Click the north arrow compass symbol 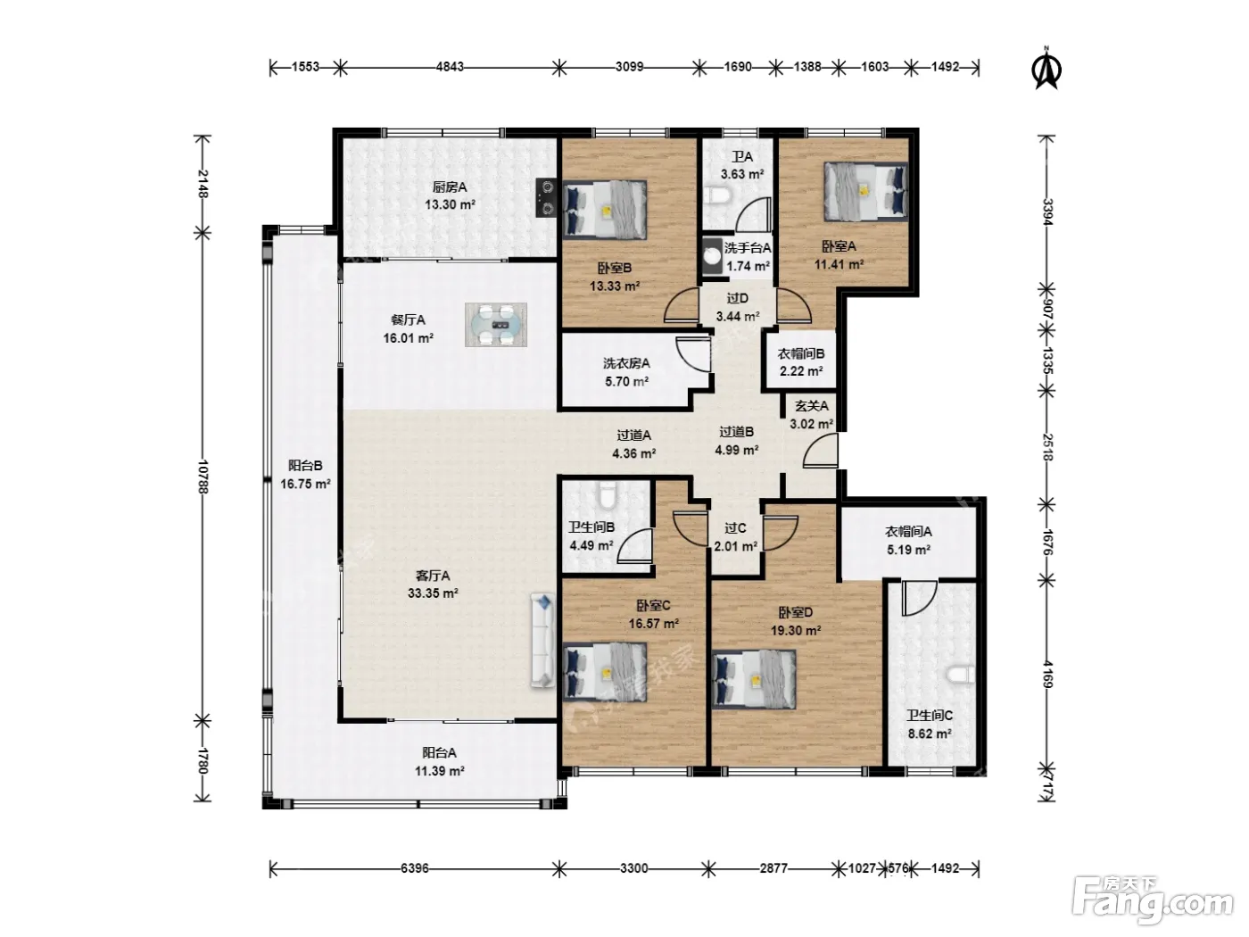pyautogui.click(x=1046, y=70)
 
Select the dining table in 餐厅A pyautogui.click(x=496, y=325)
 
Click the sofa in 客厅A pyautogui.click(x=543, y=640)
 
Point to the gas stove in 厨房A pyautogui.click(x=546, y=197)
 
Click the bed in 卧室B pyautogui.click(x=605, y=210)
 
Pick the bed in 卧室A pyautogui.click(x=865, y=191)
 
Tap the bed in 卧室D pyautogui.click(x=754, y=679)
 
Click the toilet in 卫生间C pyautogui.click(x=961, y=675)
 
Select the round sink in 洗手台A pyautogui.click(x=712, y=255)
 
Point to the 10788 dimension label pyautogui.click(x=203, y=477)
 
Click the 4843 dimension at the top pyautogui.click(x=450, y=67)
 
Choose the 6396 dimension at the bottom pyautogui.click(x=414, y=868)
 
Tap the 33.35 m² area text pyautogui.click(x=433, y=593)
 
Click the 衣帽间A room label pyautogui.click(x=908, y=532)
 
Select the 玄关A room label pyautogui.click(x=812, y=406)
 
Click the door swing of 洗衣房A pyautogui.click(x=693, y=355)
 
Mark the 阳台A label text pyautogui.click(x=439, y=753)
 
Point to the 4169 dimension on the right pyautogui.click(x=1047, y=674)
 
